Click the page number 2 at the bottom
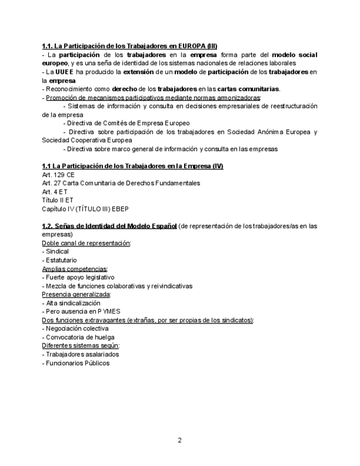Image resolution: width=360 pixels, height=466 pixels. coord(179,440)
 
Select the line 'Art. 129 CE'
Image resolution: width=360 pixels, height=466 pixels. coord(58,174)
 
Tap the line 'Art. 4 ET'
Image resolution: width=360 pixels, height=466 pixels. coord(54,192)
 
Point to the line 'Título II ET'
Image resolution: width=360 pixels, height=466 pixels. coord(57,200)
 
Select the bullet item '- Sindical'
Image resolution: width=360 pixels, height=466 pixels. coord(56,251)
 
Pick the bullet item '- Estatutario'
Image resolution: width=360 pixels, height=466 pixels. coord(59,260)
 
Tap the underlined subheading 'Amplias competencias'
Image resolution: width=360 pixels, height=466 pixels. coord(75,269)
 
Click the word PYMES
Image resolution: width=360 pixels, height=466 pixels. coord(105,311)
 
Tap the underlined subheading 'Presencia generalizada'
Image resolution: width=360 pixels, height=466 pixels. coord(76,295)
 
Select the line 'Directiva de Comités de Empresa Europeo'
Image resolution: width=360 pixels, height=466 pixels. coord(128,123)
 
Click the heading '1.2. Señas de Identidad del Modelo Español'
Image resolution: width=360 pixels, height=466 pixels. coord(109,226)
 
